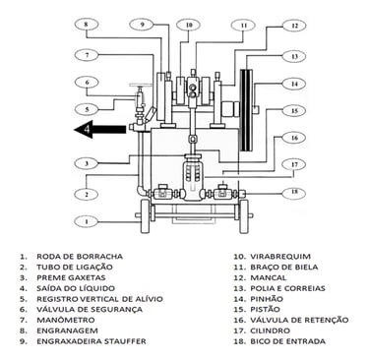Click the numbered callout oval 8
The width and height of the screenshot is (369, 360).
pos(87,25)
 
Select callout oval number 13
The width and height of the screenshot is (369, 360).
pos(294,56)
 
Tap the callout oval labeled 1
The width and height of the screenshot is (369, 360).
pos(87,221)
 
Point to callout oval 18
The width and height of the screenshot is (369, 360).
pos(294,192)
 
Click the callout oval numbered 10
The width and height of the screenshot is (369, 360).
pos(188,25)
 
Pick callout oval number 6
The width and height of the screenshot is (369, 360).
pos(87,83)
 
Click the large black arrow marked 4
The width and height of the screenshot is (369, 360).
pos(99,129)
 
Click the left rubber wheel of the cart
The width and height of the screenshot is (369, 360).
pos(145,215)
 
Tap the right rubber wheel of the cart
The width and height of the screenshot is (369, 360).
pos(244,215)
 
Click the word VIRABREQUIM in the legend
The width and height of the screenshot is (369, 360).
pos(280,256)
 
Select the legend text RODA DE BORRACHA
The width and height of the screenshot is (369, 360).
pos(80,256)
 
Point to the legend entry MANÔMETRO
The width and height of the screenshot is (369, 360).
pos(66,320)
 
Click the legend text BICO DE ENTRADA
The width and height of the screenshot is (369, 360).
pos(288,341)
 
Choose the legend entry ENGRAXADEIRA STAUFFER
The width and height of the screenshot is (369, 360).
pos(92,341)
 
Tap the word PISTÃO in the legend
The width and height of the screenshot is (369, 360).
pos(266,309)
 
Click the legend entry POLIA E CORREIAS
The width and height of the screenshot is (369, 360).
pos(287,288)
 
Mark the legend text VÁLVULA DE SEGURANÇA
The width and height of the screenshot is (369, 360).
pos(90,309)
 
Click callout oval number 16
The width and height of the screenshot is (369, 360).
pos(294,138)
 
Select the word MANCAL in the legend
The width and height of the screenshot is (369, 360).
pos(269,277)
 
